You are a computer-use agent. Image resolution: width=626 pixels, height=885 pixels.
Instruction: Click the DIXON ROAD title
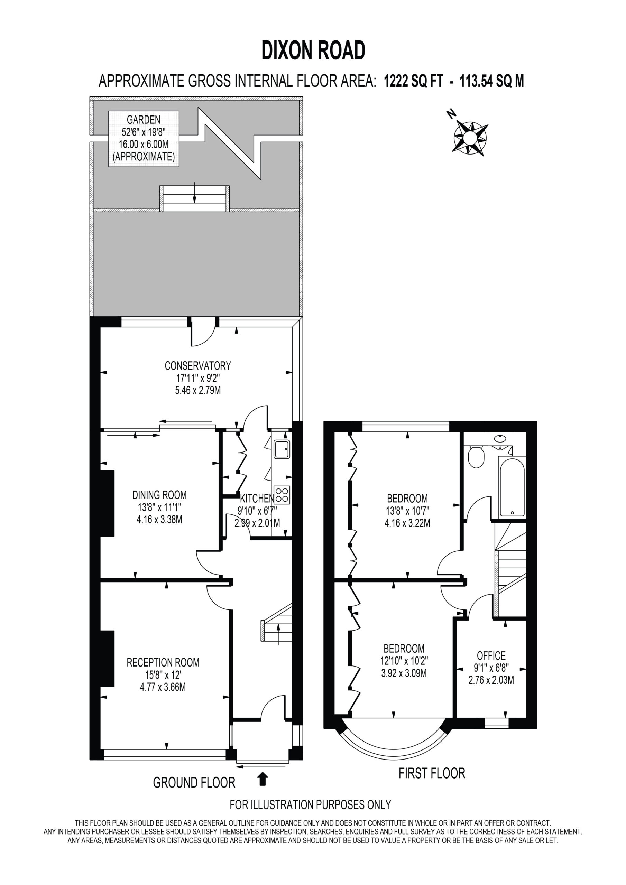313,50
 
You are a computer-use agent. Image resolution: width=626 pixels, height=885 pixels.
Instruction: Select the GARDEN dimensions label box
144,139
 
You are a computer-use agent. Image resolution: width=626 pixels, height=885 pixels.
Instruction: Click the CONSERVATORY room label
198,365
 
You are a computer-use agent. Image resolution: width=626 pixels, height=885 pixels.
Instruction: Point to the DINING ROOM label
159,495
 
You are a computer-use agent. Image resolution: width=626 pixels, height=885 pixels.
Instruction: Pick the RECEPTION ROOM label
163,663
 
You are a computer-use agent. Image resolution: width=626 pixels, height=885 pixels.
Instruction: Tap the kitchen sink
282,449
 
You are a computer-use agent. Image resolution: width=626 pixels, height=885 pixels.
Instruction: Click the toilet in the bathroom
476,457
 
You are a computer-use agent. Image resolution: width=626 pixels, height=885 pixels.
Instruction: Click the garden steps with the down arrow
194,198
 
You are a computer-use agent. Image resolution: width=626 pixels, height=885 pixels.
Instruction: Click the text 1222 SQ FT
414,81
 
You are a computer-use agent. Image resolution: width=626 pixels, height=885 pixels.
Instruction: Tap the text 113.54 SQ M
492,81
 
